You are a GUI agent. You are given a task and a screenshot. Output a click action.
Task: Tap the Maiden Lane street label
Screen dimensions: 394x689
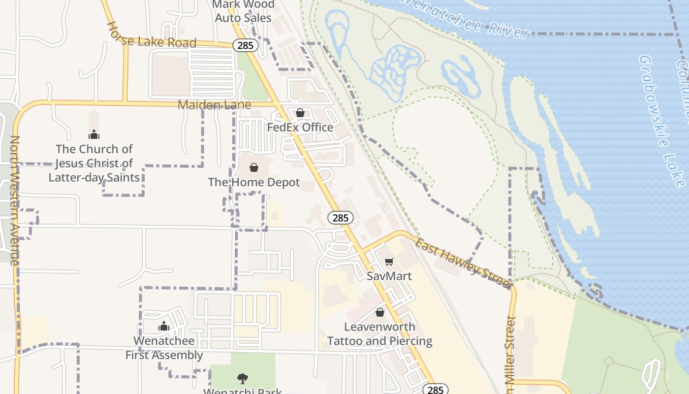(x=214, y=105)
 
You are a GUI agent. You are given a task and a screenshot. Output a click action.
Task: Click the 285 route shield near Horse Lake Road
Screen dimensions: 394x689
(x=245, y=46)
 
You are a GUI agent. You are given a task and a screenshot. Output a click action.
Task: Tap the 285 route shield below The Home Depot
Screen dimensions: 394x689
(x=340, y=218)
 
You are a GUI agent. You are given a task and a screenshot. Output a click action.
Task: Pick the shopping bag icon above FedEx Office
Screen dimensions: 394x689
(x=300, y=113)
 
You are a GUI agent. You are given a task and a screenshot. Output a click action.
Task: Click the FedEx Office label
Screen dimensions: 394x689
(x=300, y=128)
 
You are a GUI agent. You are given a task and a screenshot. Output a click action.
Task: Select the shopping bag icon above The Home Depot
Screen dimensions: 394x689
(x=254, y=167)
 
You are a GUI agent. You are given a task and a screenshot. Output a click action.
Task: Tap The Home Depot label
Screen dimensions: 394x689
(x=254, y=182)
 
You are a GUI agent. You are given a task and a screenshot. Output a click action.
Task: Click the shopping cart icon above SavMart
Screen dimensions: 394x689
(x=389, y=262)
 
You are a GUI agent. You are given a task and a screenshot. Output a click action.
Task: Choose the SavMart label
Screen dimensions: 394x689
(x=389, y=276)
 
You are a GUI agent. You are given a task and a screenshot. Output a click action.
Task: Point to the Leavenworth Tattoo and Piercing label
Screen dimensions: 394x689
(x=379, y=334)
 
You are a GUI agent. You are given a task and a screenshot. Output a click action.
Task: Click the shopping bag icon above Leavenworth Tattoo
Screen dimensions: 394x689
(x=380, y=312)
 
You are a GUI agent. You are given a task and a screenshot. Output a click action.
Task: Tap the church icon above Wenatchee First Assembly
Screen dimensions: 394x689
(x=164, y=326)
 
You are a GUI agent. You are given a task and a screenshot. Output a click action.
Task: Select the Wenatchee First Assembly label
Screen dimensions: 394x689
(x=164, y=348)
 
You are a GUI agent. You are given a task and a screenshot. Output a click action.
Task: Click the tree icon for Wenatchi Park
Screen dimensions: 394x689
(x=243, y=378)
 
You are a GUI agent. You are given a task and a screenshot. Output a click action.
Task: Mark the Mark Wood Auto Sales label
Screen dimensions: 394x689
(x=243, y=11)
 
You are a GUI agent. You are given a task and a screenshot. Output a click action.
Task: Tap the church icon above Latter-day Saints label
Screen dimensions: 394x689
(x=94, y=134)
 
